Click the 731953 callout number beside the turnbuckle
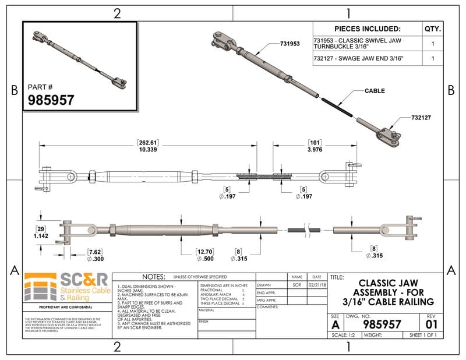(x=290, y=44)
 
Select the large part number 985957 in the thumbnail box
(x=51, y=100)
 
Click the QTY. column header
(x=432, y=29)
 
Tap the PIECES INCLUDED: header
(x=368, y=29)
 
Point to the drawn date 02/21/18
(x=317, y=285)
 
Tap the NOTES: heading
(x=150, y=277)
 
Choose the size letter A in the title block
(x=334, y=323)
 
